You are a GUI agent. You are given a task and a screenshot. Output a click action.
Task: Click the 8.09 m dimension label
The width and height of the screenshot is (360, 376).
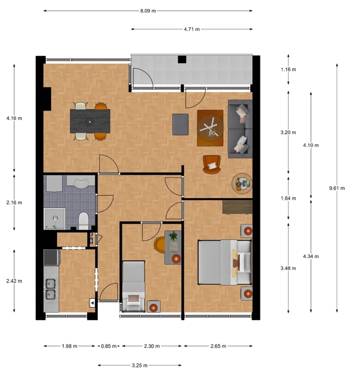[x=148, y=11]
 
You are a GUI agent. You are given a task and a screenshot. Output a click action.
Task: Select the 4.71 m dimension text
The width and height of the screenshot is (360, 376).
[x=191, y=29]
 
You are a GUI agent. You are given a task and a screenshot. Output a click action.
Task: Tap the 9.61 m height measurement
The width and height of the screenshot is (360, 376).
[x=337, y=188]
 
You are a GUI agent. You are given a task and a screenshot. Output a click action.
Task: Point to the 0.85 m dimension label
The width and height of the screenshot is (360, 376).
[x=109, y=346]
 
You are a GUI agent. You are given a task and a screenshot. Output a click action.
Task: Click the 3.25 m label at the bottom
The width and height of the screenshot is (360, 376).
[x=139, y=365]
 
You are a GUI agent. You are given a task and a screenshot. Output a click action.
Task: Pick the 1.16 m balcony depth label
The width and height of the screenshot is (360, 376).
[x=288, y=70]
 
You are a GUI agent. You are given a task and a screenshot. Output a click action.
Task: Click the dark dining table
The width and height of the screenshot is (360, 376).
[x=90, y=121]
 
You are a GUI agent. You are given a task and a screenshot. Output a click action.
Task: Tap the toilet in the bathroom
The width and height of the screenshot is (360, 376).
[x=83, y=220]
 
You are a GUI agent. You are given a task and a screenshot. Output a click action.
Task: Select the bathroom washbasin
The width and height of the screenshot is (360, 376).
[x=81, y=182]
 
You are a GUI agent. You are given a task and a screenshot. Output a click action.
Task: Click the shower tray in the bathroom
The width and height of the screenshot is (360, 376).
[x=55, y=219]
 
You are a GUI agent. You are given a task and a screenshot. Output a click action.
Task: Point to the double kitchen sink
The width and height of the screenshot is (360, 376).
[x=50, y=289]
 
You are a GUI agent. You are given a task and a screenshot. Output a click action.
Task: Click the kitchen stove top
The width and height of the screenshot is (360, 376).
[x=52, y=257]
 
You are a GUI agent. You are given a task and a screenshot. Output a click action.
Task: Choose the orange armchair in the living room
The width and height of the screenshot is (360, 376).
[x=211, y=164]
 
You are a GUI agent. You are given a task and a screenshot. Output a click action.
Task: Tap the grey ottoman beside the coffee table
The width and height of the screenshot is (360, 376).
[x=181, y=124]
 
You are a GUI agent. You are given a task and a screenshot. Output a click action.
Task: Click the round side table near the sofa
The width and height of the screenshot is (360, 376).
[x=242, y=183]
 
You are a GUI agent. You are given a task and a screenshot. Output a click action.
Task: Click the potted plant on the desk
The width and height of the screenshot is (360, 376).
[x=173, y=236]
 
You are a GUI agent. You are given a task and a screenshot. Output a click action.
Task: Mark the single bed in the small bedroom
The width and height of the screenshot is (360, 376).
[x=133, y=286]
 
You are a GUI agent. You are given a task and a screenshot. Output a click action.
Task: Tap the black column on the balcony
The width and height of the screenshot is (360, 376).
[x=182, y=59]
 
